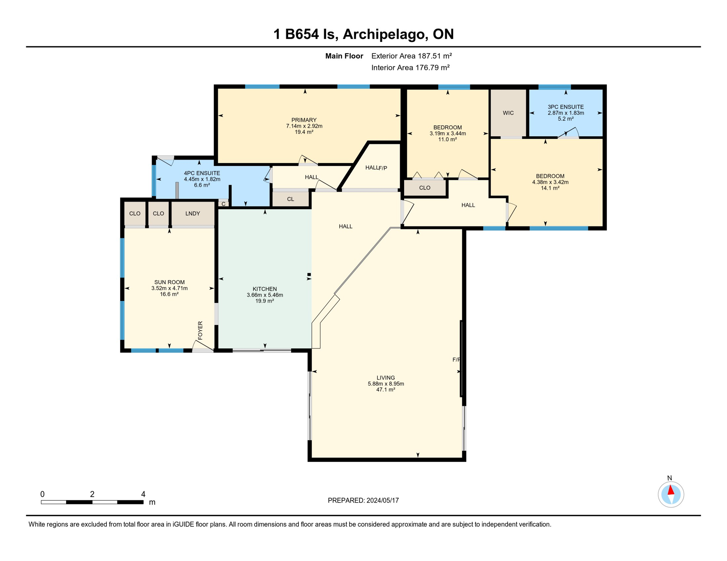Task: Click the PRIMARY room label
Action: (304, 120)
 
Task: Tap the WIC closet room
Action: (508, 113)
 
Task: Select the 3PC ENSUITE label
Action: (565, 107)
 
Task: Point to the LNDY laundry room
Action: (192, 214)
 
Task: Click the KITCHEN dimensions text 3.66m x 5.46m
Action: (265, 295)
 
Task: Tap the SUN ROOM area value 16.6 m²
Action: (169, 294)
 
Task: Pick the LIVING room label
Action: (385, 378)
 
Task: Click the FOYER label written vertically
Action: (200, 330)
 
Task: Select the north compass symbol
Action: (671, 494)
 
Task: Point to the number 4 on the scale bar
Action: (143, 494)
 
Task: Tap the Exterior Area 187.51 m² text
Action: (411, 56)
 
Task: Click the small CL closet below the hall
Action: (290, 199)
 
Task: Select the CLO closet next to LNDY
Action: (158, 214)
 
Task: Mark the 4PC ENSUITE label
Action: (202, 173)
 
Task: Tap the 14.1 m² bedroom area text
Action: (550, 188)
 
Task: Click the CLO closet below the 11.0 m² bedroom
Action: (425, 188)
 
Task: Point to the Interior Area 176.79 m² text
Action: (410, 68)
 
